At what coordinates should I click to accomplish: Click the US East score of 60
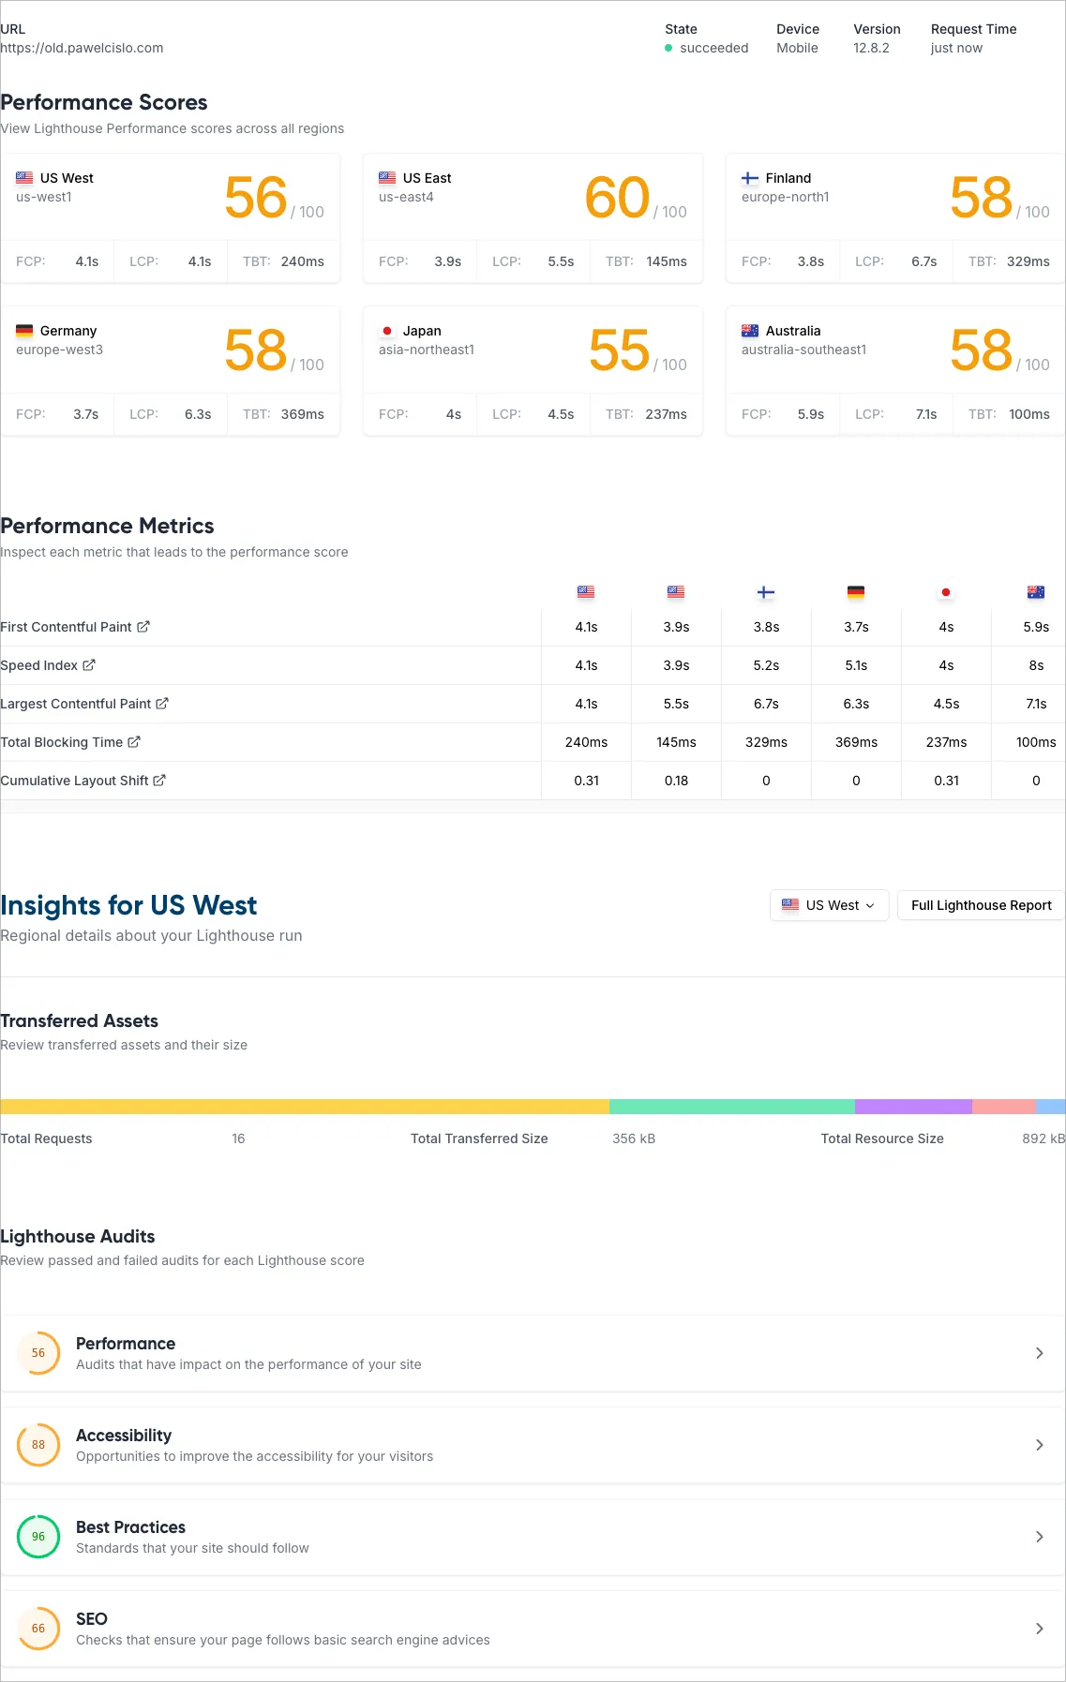[617, 198]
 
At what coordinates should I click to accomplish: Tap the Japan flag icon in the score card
[387, 331]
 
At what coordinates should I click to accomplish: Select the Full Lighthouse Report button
[981, 905]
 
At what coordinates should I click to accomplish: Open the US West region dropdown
[829, 905]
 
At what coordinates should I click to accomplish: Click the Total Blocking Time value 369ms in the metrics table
[856, 742]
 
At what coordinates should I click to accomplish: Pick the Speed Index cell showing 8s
[1036, 665]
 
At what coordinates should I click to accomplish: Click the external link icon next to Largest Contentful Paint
[162, 704]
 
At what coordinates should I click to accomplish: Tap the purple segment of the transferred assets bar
[913, 1107]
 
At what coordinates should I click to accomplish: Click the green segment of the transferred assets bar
[731, 1107]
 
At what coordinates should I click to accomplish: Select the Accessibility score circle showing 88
[38, 1445]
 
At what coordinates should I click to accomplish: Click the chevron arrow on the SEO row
[1039, 1629]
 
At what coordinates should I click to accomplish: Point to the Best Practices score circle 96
[38, 1537]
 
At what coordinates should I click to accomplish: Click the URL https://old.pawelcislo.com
[83, 48]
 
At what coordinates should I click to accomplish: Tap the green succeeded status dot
[668, 48]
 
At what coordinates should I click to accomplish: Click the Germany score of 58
[255, 350]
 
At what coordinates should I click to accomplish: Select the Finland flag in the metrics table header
[766, 592]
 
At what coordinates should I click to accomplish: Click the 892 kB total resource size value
[1043, 1139]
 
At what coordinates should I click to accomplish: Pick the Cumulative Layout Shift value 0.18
[676, 781]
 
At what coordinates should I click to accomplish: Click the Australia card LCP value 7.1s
[925, 414]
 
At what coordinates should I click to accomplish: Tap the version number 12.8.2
[871, 48]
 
